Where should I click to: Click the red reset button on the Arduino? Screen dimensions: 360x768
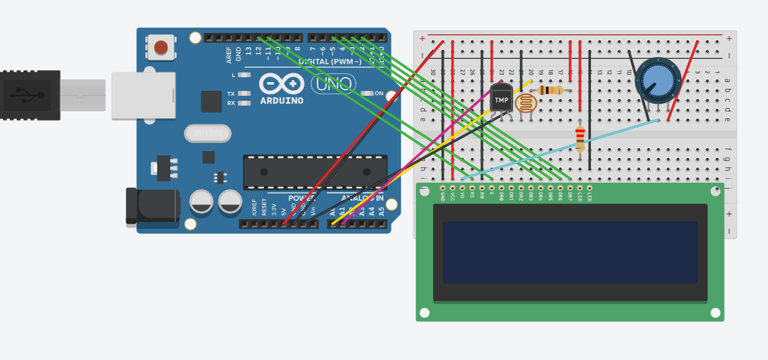[161, 47]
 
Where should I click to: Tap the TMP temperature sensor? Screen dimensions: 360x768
[501, 99]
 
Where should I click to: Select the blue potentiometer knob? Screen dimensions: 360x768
[657, 80]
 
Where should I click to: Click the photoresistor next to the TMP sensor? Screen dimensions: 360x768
[526, 103]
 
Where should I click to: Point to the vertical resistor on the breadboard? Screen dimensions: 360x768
[580, 138]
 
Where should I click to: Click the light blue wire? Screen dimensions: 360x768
[559, 149]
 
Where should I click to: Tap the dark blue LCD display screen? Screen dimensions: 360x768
[570, 252]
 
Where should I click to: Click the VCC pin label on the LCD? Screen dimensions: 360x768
[452, 196]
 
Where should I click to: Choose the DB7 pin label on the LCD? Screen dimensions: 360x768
[570, 196]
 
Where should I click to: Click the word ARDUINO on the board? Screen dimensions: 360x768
[281, 101]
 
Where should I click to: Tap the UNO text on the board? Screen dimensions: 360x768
[333, 83]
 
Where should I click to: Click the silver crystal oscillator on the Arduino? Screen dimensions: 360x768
[208, 133]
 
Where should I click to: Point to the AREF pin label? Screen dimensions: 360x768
[229, 55]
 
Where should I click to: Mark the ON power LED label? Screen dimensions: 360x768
[378, 93]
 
